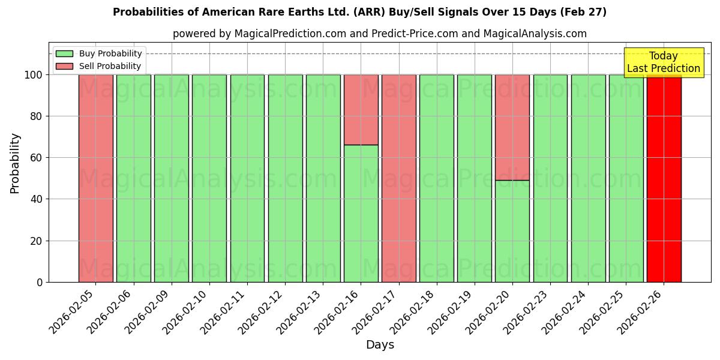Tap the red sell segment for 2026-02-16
(361, 110)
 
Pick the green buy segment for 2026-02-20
(512, 231)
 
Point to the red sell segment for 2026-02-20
(512, 127)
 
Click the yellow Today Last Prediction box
(663, 62)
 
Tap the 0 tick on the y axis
(39, 282)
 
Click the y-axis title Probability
(15, 163)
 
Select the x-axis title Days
(380, 345)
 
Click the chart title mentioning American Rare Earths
(359, 12)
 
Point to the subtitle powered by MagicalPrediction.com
(380, 34)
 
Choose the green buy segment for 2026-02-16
(361, 213)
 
